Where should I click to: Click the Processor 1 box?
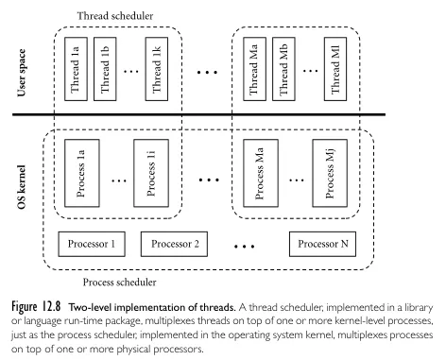(x=92, y=245)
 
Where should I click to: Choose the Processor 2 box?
(x=174, y=245)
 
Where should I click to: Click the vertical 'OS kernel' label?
(x=22, y=177)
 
